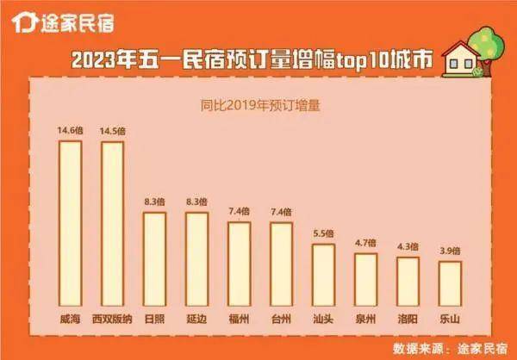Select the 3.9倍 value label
click(x=450, y=251)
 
